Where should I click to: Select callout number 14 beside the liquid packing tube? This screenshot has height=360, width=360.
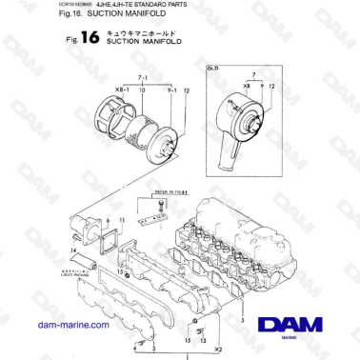71,249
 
